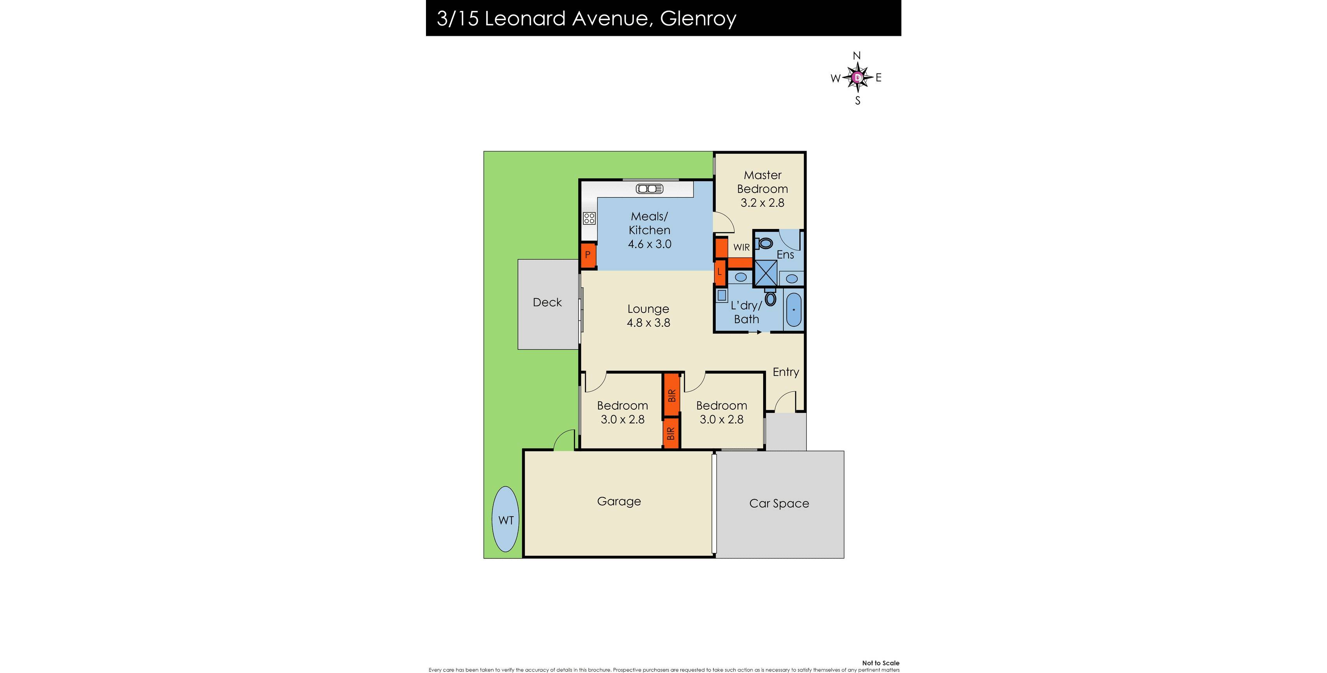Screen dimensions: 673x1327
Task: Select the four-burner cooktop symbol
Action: [589, 218]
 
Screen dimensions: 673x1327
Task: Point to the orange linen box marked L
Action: [720, 271]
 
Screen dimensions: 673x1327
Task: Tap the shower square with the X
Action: [766, 273]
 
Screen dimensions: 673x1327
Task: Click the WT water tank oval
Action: [505, 520]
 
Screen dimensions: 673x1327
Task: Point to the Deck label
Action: [547, 303]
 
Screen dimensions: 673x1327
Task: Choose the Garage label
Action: [619, 501]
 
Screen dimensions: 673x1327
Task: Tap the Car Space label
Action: [778, 504]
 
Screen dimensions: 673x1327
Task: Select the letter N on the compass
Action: [857, 56]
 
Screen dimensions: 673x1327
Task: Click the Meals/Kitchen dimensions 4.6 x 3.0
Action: [649, 244]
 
